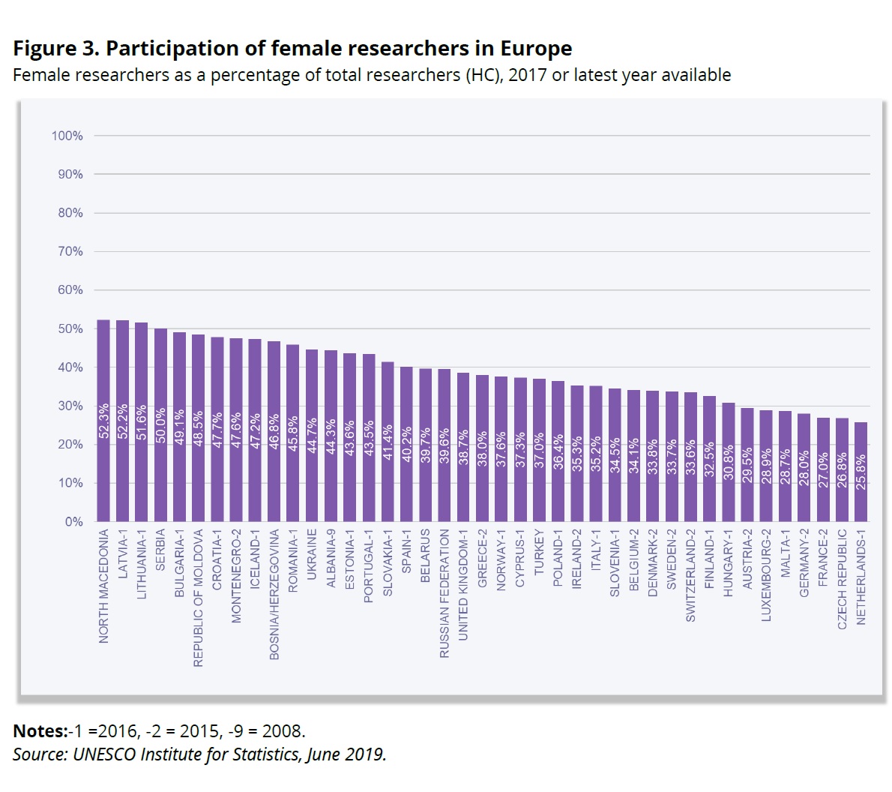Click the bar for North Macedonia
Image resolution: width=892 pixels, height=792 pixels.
tap(103, 420)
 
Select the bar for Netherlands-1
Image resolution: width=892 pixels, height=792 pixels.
tap(861, 472)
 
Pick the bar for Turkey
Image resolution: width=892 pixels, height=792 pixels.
tap(539, 450)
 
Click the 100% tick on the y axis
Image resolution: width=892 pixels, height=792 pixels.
tap(67, 136)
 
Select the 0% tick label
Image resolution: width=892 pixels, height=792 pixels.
tap(73, 521)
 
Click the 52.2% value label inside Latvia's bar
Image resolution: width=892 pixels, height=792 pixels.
tap(123, 423)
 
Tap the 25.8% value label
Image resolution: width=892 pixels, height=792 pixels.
tap(861, 472)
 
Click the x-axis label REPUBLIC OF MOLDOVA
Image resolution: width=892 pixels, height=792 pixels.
tap(199, 598)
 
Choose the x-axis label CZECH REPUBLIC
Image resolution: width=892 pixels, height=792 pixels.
tap(842, 579)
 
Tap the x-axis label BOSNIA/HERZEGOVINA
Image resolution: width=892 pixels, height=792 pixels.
tap(274, 595)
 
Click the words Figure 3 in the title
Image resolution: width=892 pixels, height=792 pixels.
tap(55, 49)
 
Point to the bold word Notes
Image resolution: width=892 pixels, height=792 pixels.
tap(39, 731)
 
